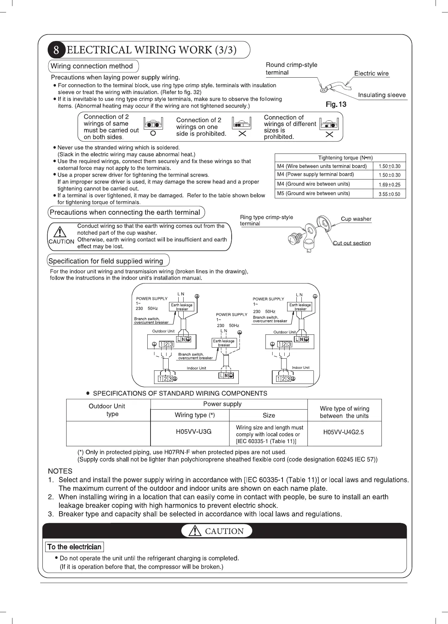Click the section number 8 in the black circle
click(56, 50)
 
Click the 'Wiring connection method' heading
click(92, 66)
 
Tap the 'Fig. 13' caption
click(336, 104)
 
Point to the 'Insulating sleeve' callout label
click(382, 95)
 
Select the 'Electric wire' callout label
click(371, 73)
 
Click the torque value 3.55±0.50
click(389, 194)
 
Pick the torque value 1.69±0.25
click(389, 184)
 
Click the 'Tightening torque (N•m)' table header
click(340, 158)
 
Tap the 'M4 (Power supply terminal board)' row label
click(315, 175)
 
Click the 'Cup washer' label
click(356, 219)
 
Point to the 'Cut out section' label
click(352, 243)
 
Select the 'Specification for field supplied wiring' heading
click(106, 261)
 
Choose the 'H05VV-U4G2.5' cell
click(343, 432)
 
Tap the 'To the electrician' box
click(74, 547)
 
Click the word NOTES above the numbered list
click(60, 471)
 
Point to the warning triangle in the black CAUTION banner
click(195, 531)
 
